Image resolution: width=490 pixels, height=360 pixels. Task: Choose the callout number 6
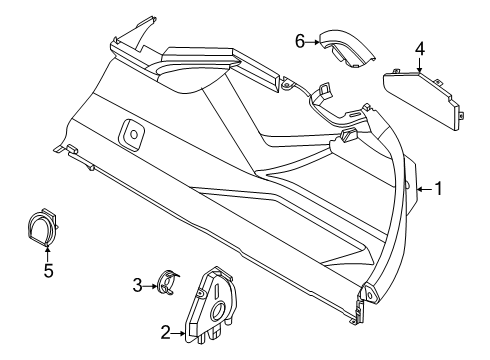(x=299, y=40)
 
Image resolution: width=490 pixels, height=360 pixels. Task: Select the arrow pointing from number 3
(x=153, y=285)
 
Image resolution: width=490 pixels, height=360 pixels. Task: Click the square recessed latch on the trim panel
(x=130, y=130)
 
